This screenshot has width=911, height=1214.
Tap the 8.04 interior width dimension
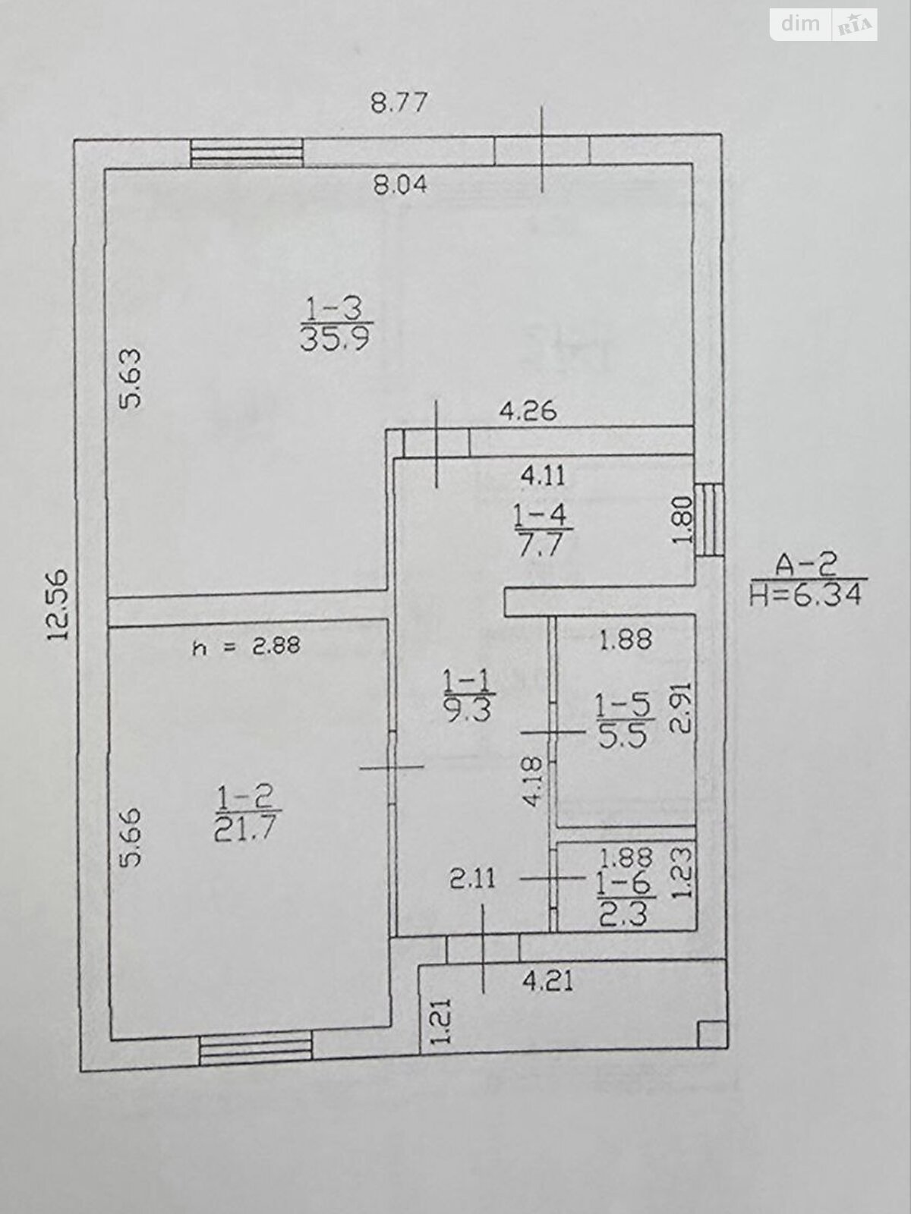tap(400, 184)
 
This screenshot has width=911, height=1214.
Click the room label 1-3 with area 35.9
tap(335, 322)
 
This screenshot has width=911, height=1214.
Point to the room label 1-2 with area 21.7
tap(244, 813)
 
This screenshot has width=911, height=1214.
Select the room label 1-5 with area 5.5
tap(623, 720)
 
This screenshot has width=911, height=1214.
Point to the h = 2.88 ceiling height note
tap(247, 646)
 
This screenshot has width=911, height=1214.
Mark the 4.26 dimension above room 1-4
tap(528, 412)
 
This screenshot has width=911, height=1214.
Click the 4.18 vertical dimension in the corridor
tap(534, 782)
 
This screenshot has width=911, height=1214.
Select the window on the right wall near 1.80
tap(709, 519)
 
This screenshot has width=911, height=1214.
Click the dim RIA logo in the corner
tap(824, 25)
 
